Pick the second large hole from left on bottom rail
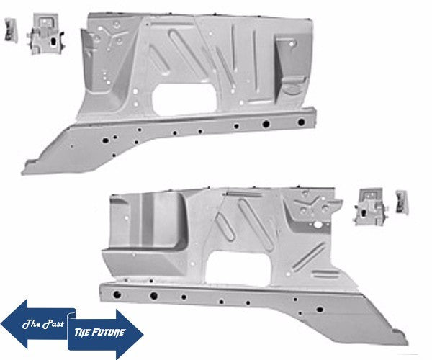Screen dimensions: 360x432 [153, 295]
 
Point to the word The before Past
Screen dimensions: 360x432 [32, 323]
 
